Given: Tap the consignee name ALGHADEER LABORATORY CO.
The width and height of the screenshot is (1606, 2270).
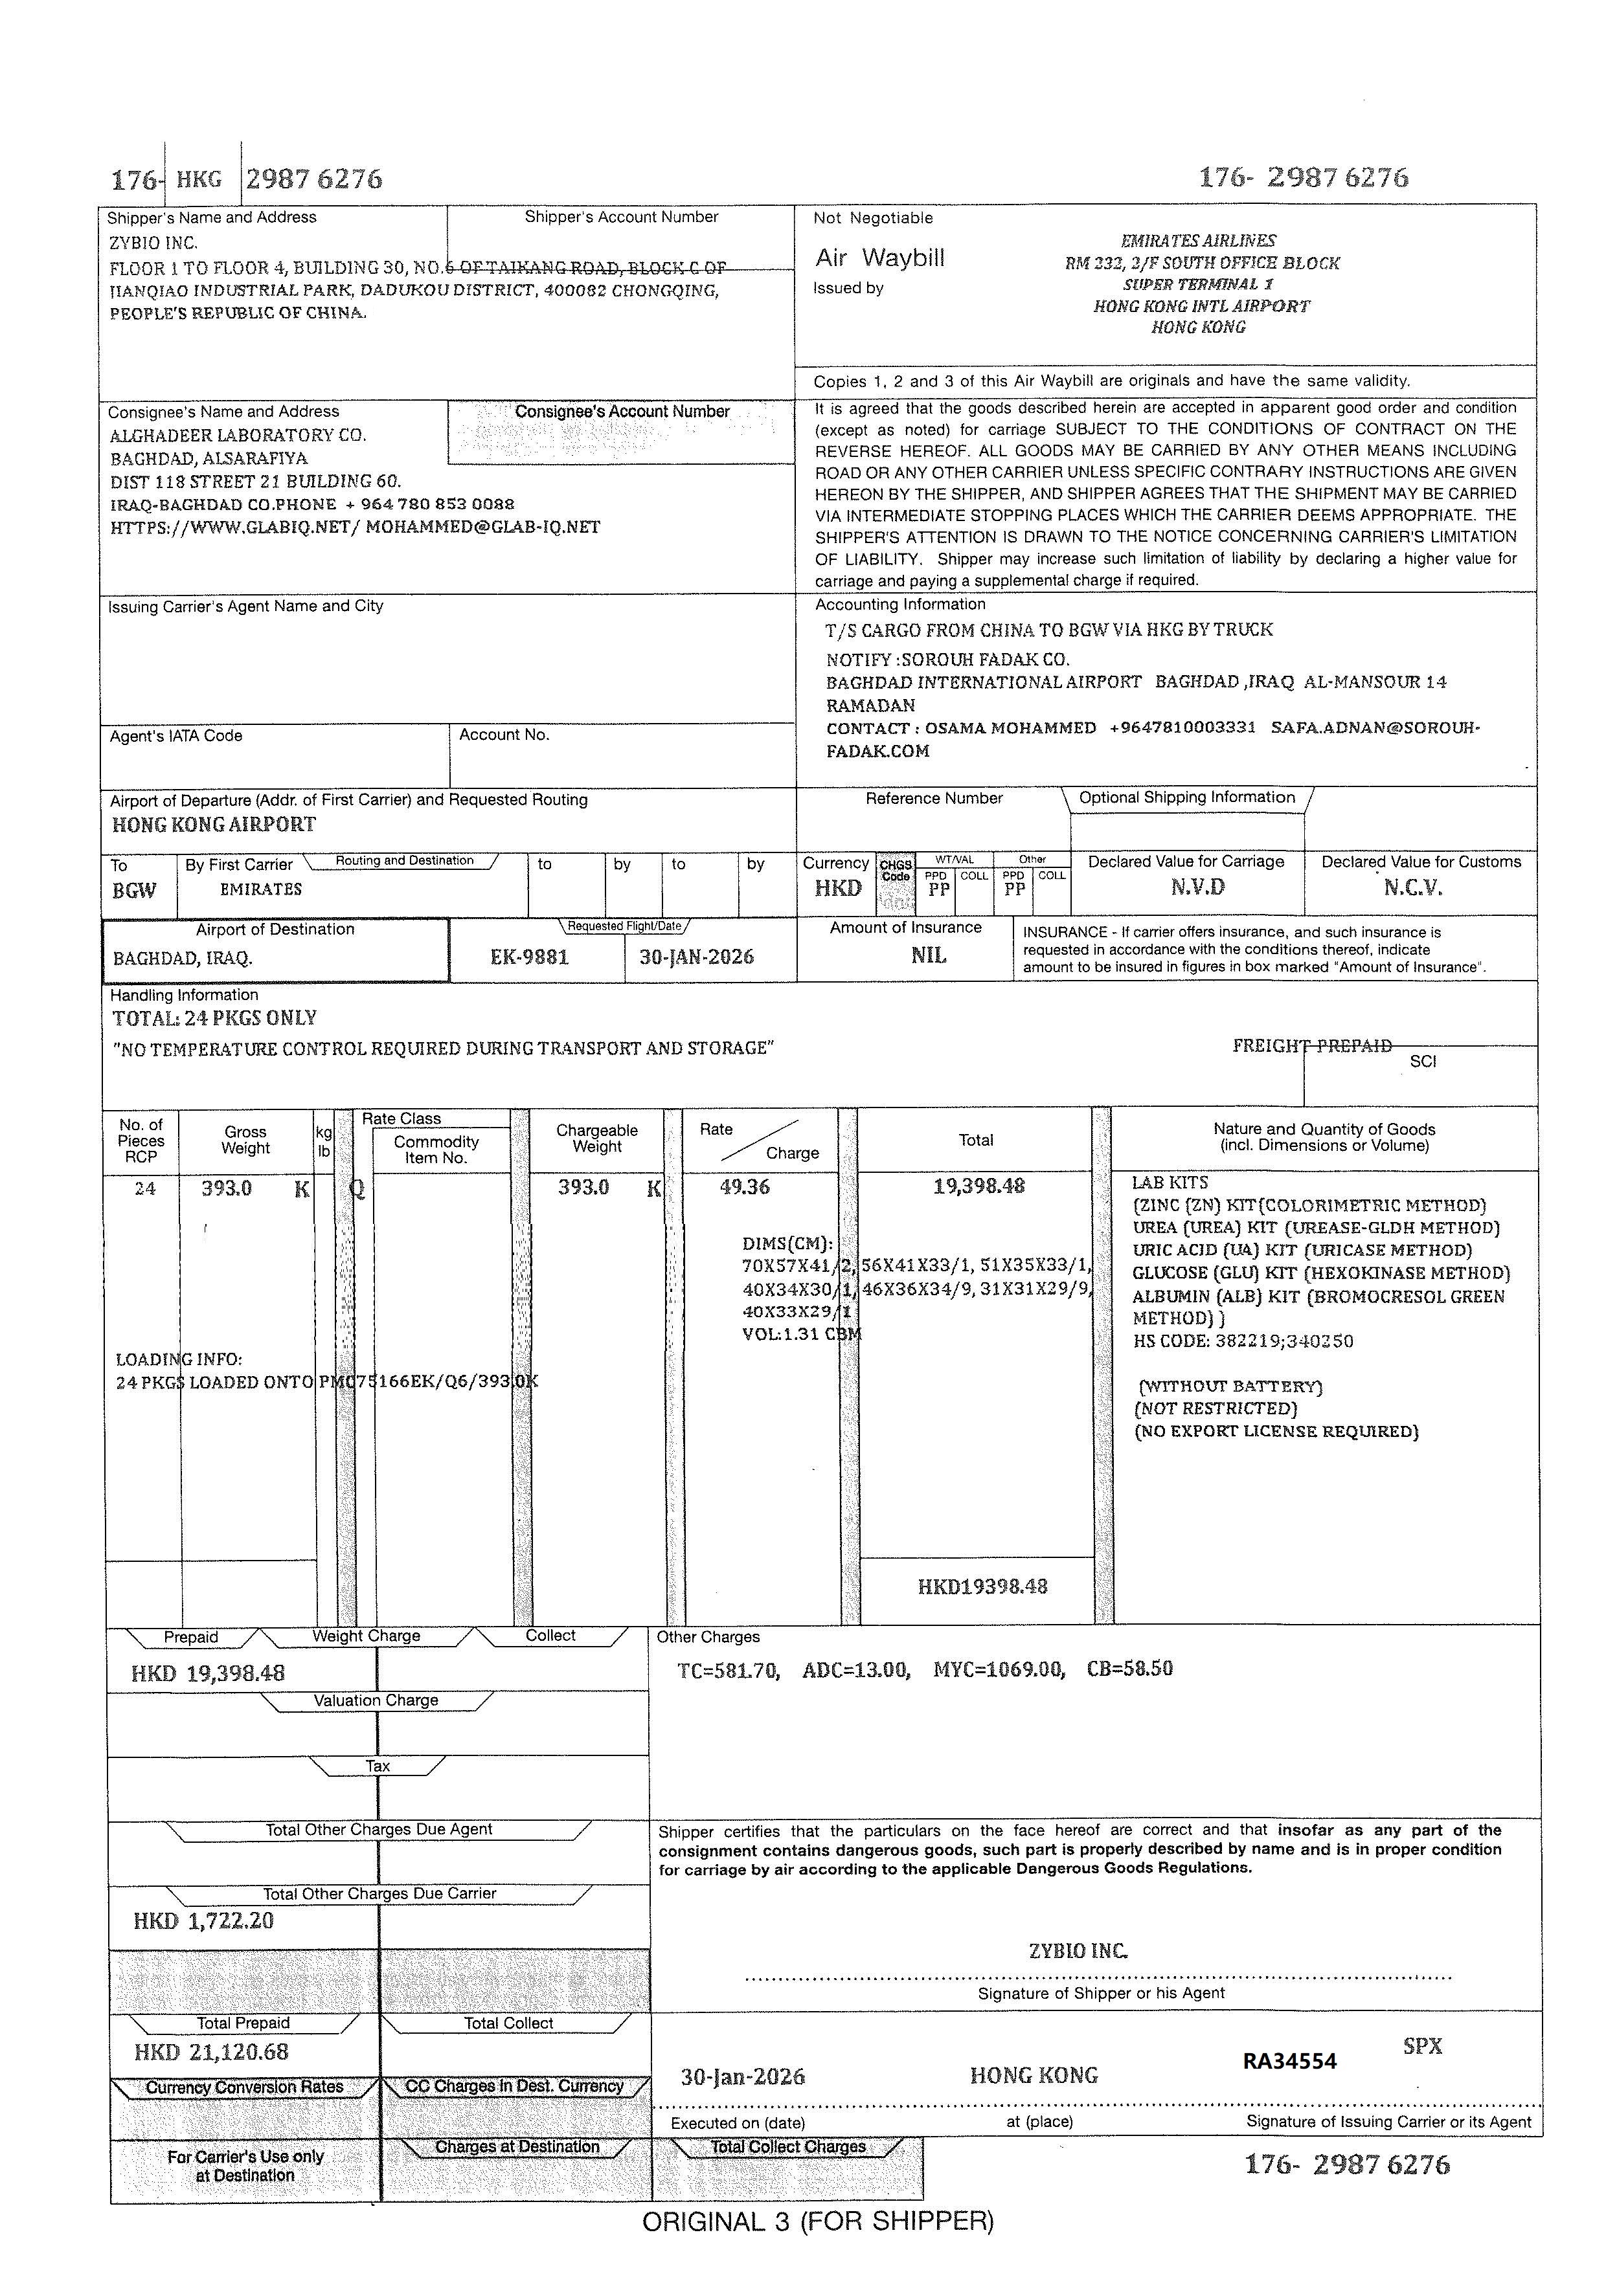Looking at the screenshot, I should [x=238, y=435].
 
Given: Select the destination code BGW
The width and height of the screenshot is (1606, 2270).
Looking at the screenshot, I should [x=133, y=890].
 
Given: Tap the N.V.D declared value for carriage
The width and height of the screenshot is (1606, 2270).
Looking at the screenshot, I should [x=1197, y=887].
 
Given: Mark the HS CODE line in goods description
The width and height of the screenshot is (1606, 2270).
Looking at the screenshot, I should [x=1242, y=1342].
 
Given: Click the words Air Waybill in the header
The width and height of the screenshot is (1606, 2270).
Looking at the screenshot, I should [x=879, y=258].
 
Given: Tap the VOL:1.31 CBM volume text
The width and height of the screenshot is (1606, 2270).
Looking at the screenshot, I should [x=801, y=1334].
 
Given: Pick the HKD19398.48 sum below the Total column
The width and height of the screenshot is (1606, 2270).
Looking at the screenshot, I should [x=982, y=1587].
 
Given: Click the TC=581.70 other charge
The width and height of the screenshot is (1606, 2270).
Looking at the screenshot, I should [x=728, y=1670].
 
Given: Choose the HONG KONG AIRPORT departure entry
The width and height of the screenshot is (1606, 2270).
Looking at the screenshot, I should [x=214, y=825].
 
